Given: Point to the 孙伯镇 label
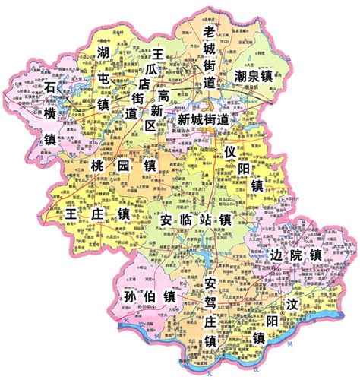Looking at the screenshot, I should tap(148, 296).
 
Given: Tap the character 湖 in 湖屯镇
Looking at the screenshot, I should tap(104, 52).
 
